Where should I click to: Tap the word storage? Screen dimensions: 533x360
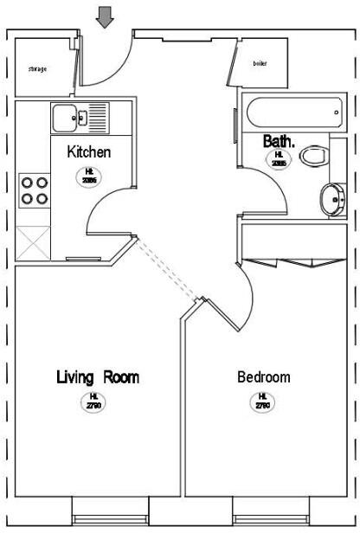pyautogui.click(x=37, y=68)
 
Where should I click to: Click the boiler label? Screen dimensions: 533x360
pyautogui.click(x=260, y=64)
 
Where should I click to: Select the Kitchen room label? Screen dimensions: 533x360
pyautogui.click(x=89, y=151)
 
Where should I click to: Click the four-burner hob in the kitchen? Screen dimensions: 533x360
pyautogui.click(x=34, y=190)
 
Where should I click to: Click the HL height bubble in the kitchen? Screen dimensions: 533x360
pyautogui.click(x=89, y=175)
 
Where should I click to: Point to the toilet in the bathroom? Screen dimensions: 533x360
pyautogui.click(x=315, y=157)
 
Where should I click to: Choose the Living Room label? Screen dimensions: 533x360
pyautogui.click(x=98, y=377)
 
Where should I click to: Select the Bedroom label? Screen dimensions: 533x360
pyautogui.click(x=263, y=377)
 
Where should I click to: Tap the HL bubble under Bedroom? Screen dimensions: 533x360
pyautogui.click(x=261, y=401)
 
